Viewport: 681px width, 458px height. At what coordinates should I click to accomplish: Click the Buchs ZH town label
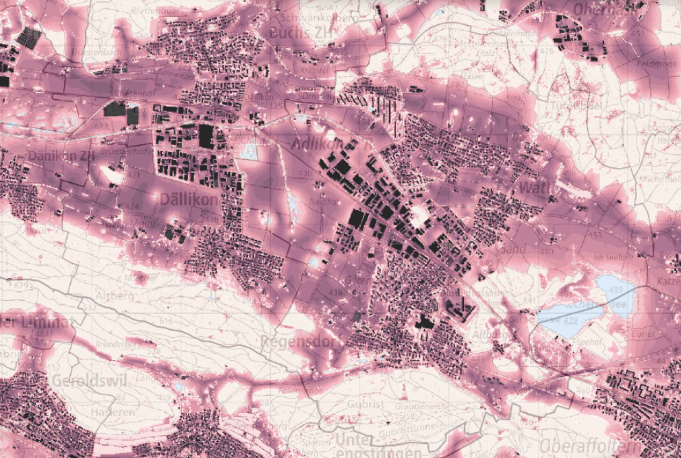pos(299,32)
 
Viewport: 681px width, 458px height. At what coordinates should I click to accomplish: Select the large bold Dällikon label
pos(189,200)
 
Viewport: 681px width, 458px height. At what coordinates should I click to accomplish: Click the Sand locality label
pos(514,248)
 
